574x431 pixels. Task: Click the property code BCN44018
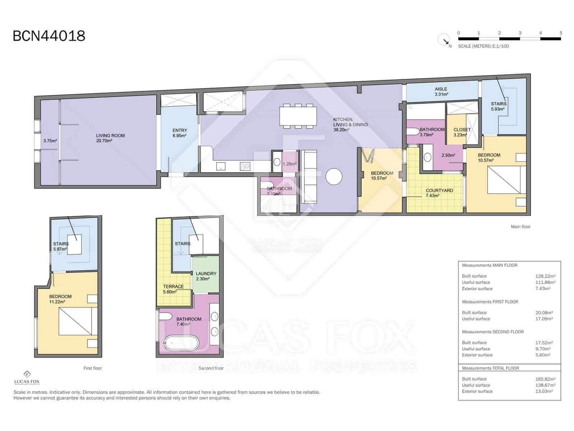[x=49, y=36]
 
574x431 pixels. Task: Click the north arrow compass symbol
[x=444, y=40]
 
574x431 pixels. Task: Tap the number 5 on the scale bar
[x=561, y=33]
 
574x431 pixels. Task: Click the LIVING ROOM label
[x=110, y=136]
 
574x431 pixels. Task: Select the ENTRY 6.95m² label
[x=179, y=133]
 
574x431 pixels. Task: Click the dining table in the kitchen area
[x=298, y=116]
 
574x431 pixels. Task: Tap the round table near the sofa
[x=334, y=176]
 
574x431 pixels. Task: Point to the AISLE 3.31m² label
[x=441, y=92]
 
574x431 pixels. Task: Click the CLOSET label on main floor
[x=462, y=130]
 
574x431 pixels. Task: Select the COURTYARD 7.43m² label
[x=439, y=193]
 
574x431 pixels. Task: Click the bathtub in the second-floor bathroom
[x=182, y=343]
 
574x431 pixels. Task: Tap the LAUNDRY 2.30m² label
[x=206, y=276]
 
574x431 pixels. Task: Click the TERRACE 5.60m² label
[x=173, y=289]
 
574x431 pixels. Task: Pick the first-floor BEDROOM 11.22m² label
[x=60, y=299]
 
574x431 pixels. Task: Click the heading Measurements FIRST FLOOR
[x=490, y=302]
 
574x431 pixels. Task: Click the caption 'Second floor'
[x=211, y=368]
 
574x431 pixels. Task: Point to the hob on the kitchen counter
[x=245, y=166]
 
